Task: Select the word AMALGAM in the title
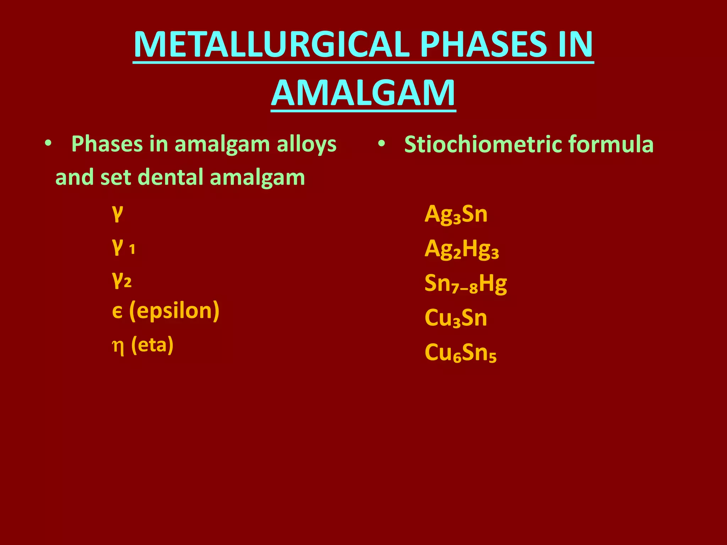363,93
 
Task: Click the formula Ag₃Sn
456,214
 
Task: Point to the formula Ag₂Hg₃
461,249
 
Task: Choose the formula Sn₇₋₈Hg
465,284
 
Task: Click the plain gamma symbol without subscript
117,213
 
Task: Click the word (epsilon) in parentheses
174,311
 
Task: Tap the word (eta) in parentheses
152,345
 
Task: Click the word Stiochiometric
483,145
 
